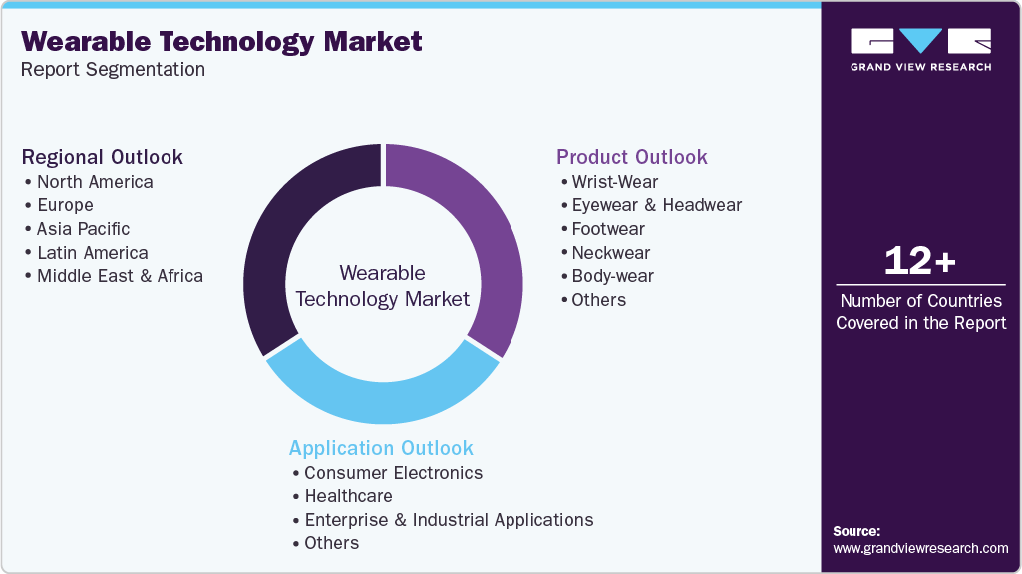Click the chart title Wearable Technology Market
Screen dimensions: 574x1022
point(221,42)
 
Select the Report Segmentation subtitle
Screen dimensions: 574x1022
point(113,70)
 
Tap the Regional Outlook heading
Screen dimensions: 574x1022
point(103,157)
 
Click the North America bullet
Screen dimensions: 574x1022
point(95,182)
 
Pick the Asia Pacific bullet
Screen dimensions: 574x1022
point(83,229)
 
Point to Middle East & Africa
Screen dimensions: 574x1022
point(120,276)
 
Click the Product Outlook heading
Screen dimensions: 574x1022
point(632,157)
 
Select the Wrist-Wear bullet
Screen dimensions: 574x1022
point(614,182)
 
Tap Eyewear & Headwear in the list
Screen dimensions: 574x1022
point(656,205)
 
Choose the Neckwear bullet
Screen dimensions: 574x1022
point(610,253)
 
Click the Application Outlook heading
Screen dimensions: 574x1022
point(381,448)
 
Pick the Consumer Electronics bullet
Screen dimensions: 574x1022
point(393,473)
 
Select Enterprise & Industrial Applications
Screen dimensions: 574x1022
point(449,520)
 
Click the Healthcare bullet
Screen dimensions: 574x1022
point(348,496)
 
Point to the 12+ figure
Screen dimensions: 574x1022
point(920,261)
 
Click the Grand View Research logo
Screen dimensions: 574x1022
point(920,48)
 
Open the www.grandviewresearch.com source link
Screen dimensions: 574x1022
point(920,548)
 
